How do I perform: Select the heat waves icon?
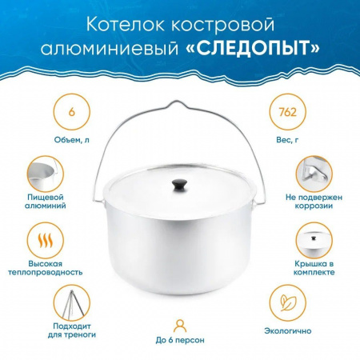[50, 240]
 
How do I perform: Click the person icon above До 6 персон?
[180, 324]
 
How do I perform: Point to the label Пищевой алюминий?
[50, 210]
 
